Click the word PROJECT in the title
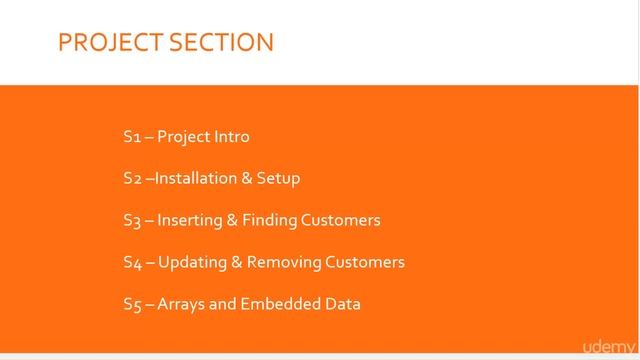(109, 42)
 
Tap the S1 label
(132, 136)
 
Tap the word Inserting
(190, 220)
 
